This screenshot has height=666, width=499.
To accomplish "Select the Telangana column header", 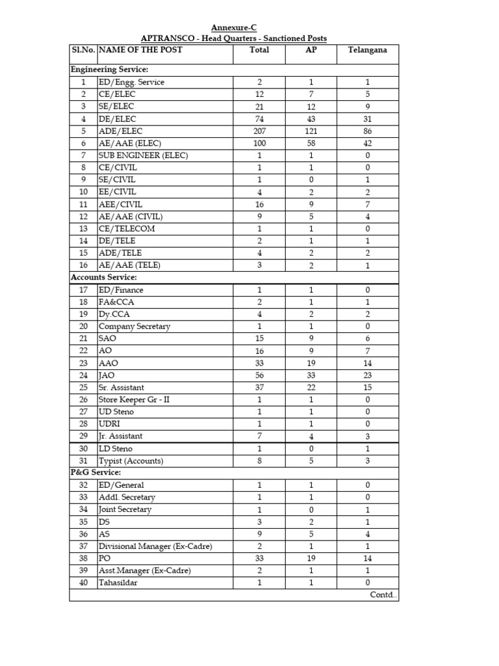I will [x=367, y=50].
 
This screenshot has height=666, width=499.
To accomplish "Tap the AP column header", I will [x=311, y=50].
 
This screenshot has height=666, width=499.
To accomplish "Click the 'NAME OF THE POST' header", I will [x=140, y=50].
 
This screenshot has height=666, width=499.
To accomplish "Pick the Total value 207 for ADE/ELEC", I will [x=259, y=131].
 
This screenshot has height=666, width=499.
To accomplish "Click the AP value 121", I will [x=311, y=131].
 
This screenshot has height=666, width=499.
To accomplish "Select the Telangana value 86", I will [x=367, y=131].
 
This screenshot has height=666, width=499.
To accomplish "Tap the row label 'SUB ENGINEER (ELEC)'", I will [x=141, y=155].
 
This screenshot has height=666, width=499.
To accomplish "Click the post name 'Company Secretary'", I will [x=134, y=326].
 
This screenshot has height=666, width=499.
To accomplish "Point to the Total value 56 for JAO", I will [x=259, y=375].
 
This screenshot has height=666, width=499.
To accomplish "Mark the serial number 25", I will [x=83, y=388].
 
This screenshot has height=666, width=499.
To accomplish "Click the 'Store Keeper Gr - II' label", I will [x=134, y=399].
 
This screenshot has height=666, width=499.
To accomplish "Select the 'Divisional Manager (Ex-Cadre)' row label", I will [x=155, y=546].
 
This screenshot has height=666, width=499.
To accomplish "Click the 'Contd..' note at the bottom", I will [x=382, y=595].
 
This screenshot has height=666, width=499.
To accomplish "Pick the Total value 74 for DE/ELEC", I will [x=259, y=118].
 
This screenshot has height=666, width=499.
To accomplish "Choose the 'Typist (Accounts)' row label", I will [x=131, y=460].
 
